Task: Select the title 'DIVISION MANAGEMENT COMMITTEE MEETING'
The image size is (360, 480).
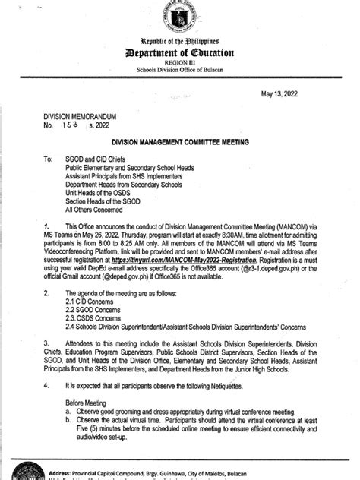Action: (x=180, y=141)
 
